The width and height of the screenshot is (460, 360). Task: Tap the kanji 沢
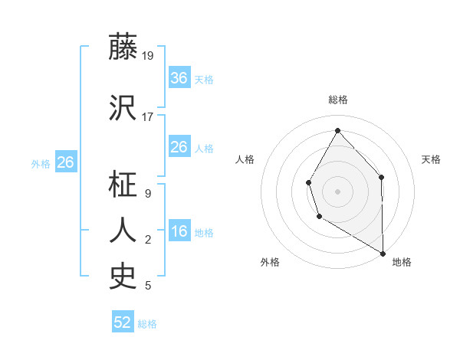click(x=123, y=106)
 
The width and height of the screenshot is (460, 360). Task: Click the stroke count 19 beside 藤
click(x=148, y=55)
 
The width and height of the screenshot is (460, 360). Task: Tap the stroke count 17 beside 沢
click(x=148, y=116)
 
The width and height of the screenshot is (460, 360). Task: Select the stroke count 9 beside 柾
click(x=147, y=193)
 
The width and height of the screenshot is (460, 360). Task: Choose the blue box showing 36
click(x=179, y=78)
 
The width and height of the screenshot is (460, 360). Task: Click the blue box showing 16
click(x=179, y=232)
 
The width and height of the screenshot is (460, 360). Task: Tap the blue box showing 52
click(x=123, y=323)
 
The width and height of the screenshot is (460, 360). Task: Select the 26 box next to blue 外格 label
click(x=65, y=162)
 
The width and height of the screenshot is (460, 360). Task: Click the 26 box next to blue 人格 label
click(x=179, y=147)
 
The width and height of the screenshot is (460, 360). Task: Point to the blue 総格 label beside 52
click(x=147, y=324)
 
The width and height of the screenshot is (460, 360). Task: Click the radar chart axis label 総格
click(x=337, y=100)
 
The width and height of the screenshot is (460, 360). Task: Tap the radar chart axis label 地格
click(x=402, y=262)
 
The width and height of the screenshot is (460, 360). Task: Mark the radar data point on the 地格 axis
click(x=383, y=253)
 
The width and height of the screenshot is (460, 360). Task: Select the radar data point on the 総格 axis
click(x=337, y=129)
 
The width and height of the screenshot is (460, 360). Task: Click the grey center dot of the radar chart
click(x=337, y=191)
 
